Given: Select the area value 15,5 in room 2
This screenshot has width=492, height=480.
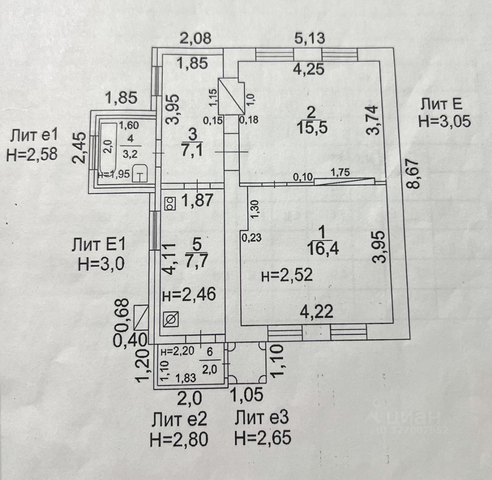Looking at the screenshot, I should (312, 127).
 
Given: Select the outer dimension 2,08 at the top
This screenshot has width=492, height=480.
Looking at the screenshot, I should (196, 38).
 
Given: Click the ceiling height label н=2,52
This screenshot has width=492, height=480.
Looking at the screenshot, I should (286, 275).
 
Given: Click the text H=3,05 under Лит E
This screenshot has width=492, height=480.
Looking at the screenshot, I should (444, 121).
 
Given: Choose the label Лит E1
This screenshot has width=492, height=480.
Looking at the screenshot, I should (98, 245).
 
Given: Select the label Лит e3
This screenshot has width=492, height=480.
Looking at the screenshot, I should (262, 418).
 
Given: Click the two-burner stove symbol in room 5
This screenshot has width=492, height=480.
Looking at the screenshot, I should (170, 203).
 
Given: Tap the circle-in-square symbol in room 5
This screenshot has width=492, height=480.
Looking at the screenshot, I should (170, 319).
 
